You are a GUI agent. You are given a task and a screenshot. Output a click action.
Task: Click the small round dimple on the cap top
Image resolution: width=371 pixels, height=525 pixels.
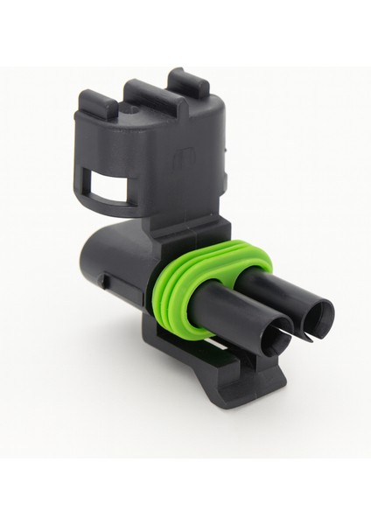coord(131,112)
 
